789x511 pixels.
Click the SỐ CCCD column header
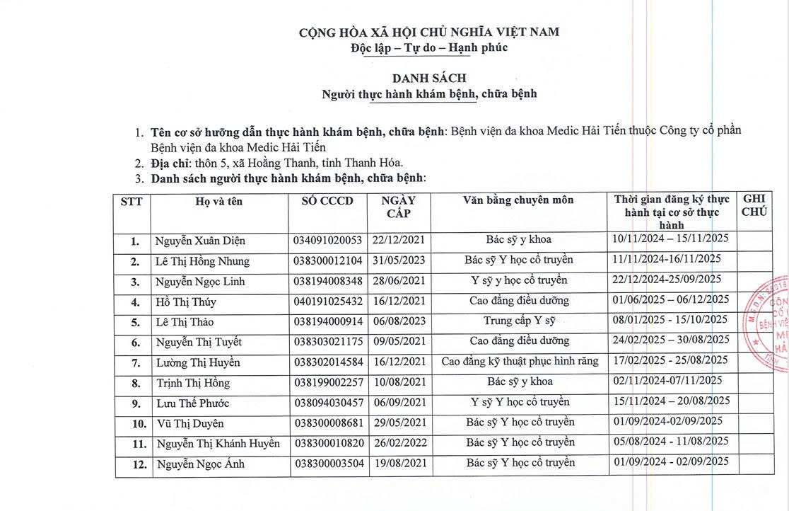(327, 201)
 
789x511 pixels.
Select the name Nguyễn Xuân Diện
(201, 241)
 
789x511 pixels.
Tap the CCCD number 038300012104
(327, 261)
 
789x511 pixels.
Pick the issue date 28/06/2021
(399, 281)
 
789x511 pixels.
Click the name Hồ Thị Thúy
(186, 302)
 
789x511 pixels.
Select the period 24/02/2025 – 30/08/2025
(672, 341)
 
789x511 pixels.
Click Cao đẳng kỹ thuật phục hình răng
(520, 362)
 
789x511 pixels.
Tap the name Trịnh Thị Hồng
(194, 383)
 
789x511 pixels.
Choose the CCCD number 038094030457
(327, 403)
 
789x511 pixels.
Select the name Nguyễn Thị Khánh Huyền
(218, 444)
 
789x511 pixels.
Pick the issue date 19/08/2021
(399, 464)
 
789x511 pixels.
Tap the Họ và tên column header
(219, 201)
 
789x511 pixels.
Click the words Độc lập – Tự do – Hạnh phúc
(429, 48)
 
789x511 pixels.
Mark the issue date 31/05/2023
(399, 261)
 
